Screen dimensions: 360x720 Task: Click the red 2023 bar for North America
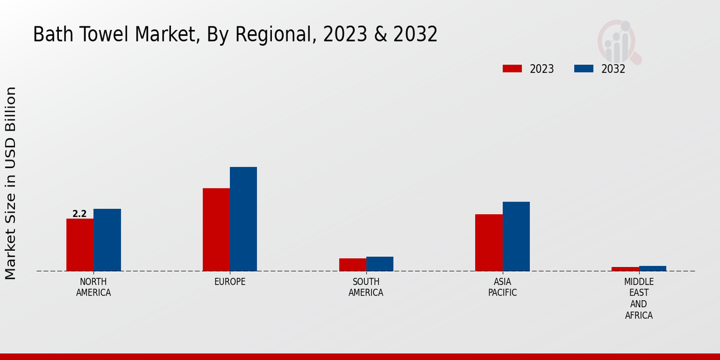[x=80, y=245]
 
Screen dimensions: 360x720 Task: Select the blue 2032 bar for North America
[x=107, y=240]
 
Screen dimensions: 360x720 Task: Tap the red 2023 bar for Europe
[x=216, y=230]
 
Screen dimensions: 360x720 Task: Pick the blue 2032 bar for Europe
[x=243, y=219]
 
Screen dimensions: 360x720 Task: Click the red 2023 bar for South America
[x=352, y=265]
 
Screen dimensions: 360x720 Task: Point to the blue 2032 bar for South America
[x=380, y=264]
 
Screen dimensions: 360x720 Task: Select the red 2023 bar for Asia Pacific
[x=488, y=242]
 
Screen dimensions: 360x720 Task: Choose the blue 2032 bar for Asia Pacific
[x=516, y=236]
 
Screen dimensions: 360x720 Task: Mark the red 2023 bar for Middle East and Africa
[x=625, y=269]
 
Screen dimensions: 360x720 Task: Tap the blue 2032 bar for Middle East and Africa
[x=652, y=268]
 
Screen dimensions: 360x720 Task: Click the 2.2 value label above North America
[x=80, y=214]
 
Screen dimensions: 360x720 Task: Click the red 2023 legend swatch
[x=512, y=68]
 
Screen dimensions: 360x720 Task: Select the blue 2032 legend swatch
[x=584, y=68]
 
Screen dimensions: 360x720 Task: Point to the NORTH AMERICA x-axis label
[x=94, y=287]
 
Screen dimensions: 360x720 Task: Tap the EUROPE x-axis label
[x=230, y=282]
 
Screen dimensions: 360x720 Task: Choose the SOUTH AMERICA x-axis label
[x=366, y=287]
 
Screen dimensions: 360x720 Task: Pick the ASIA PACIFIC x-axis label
[x=502, y=287]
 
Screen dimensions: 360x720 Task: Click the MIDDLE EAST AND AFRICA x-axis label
[x=639, y=298]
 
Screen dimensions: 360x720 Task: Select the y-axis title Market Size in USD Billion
[x=11, y=183]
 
